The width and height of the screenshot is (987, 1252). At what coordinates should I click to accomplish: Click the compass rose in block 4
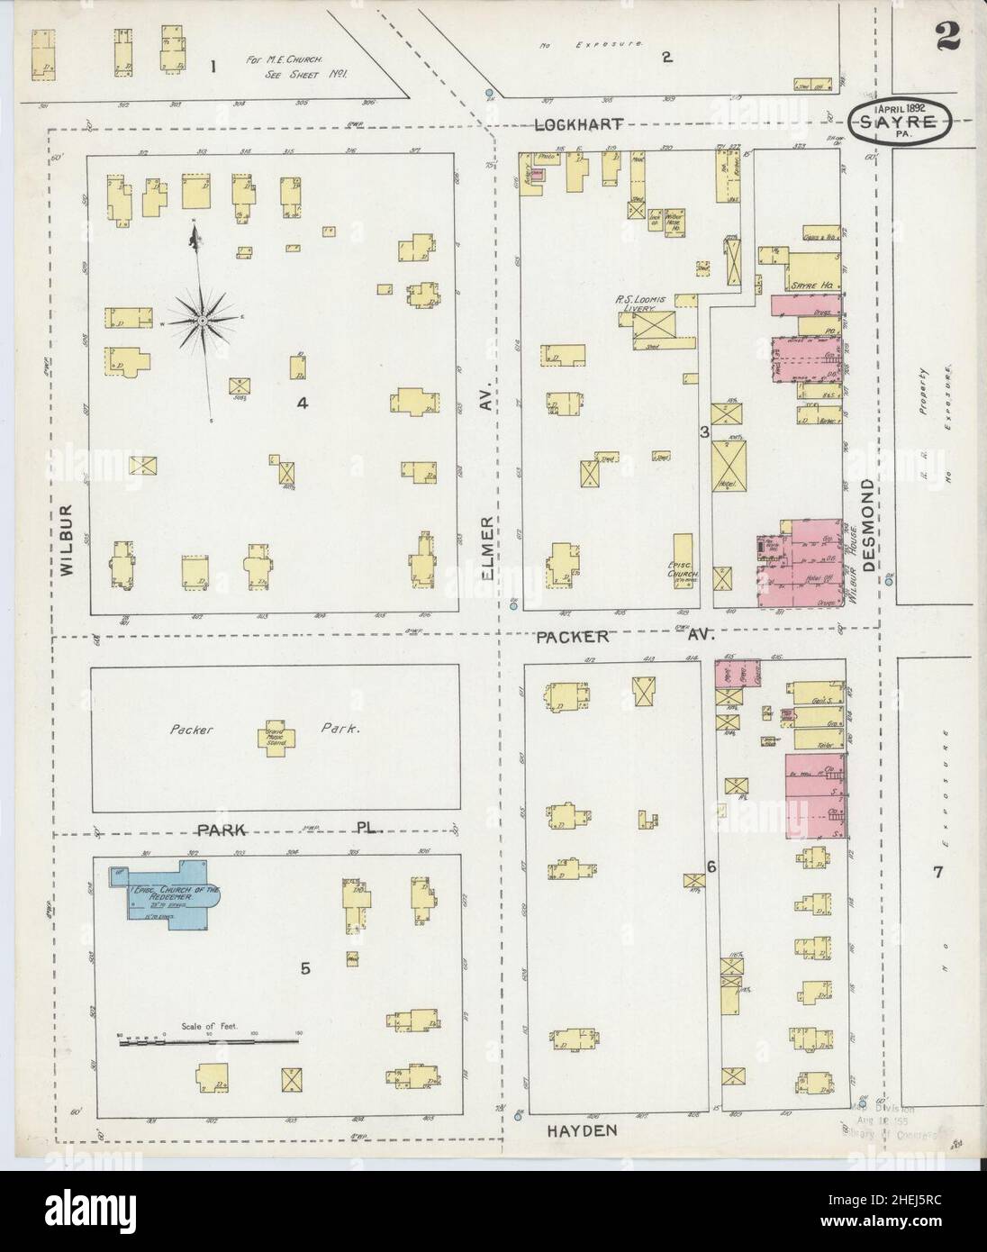click(204, 320)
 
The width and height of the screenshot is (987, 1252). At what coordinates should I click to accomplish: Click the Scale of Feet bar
click(208, 1039)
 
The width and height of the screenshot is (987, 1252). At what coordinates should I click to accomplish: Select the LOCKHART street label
click(579, 125)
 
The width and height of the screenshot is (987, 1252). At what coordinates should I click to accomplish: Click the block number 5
click(305, 969)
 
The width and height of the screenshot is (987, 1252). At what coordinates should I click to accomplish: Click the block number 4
click(303, 404)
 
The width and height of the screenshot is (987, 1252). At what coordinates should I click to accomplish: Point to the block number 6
click(711, 867)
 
